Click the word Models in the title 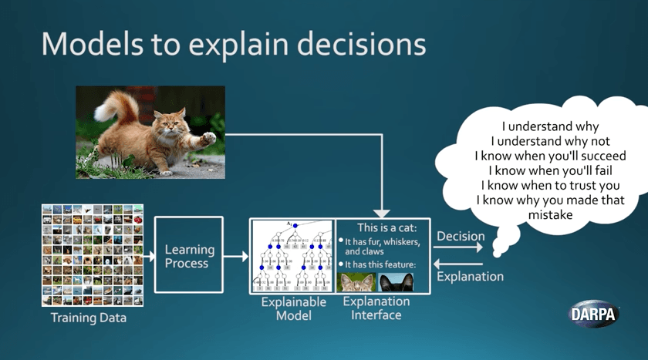(86, 43)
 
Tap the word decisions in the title (360, 43)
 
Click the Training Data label (89, 317)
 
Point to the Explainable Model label (293, 308)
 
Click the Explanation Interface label (376, 308)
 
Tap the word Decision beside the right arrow (461, 237)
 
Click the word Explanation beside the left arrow (471, 276)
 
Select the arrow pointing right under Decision (458, 248)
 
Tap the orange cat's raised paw (207, 140)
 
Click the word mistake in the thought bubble (550, 215)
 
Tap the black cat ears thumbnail (396, 281)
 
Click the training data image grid (93, 255)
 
